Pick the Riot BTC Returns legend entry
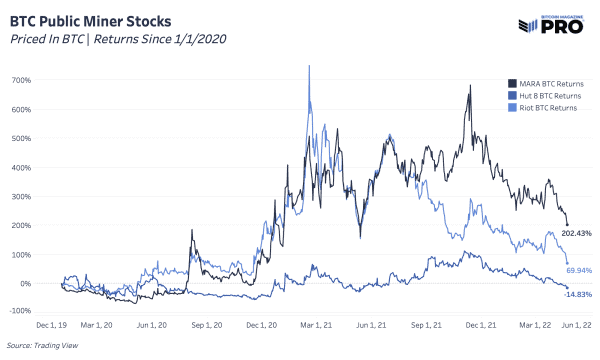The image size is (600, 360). pyautogui.click(x=546, y=105)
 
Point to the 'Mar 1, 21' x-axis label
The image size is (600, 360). pyautogui.click(x=316, y=326)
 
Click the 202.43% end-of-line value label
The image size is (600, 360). pyautogui.click(x=577, y=233)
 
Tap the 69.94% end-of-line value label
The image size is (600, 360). pyautogui.click(x=578, y=271)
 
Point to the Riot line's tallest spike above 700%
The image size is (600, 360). pyautogui.click(x=309, y=67)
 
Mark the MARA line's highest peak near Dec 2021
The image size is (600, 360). pyautogui.click(x=469, y=86)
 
